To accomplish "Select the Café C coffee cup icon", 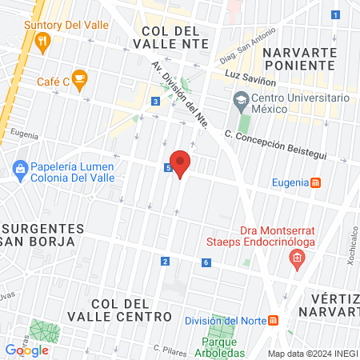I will click(x=78, y=78).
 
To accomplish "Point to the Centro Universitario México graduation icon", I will click(x=239, y=102).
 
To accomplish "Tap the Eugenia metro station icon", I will click(x=316, y=182).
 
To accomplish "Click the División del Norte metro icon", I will click(x=274, y=321).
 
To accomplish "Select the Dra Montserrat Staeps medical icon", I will click(x=297, y=258).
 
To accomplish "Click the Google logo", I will click(x=26, y=350).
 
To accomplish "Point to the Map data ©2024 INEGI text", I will click(x=311, y=354).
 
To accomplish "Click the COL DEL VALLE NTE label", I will click(x=174, y=37).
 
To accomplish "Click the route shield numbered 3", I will click(x=154, y=102).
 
